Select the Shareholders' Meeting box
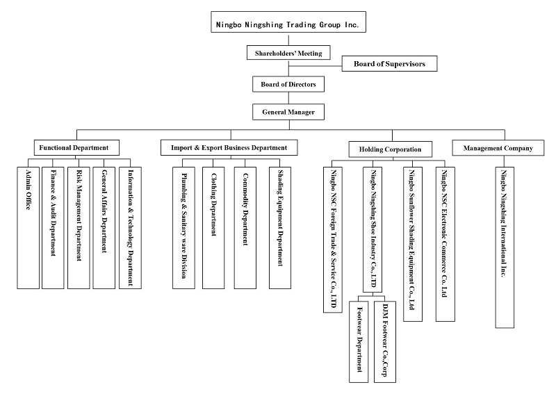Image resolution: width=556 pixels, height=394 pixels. point(288,53)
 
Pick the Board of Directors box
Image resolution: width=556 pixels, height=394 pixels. point(288,84)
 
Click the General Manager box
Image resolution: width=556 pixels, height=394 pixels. point(288,111)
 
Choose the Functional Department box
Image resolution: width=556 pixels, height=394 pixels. point(76,147)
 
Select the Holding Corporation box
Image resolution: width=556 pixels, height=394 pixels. point(390,149)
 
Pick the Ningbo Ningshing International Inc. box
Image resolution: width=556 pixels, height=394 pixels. point(505,247)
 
